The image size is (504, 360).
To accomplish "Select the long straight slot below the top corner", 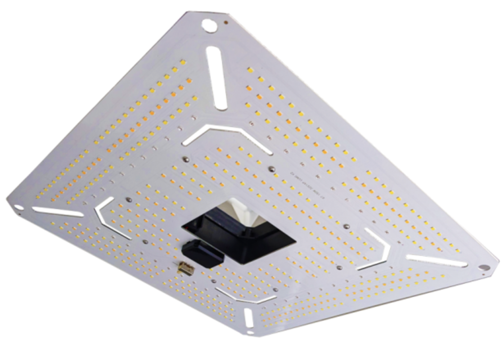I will point(216,77).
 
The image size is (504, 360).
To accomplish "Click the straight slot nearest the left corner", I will point(58,212).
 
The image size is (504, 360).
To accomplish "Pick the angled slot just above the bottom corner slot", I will point(245,295).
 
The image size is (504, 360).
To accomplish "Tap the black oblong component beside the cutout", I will point(203,253).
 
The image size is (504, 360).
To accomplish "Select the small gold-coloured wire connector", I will point(186,267).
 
